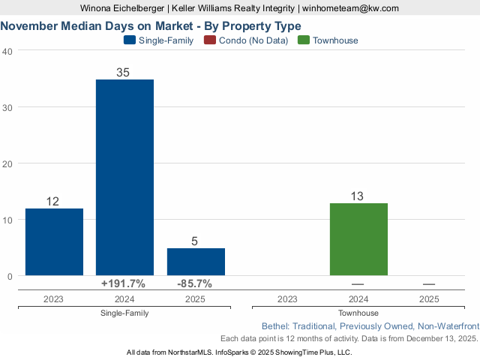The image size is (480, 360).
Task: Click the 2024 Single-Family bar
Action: [x=124, y=177]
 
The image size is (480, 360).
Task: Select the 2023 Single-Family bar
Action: [x=54, y=241]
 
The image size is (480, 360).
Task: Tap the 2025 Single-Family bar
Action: [x=196, y=262]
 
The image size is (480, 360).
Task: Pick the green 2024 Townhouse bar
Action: [x=358, y=239]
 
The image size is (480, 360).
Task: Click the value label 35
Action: [x=124, y=73]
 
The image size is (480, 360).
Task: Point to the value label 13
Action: [x=358, y=196]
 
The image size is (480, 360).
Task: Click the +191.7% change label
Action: [x=124, y=284]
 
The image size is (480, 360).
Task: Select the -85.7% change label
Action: [x=195, y=284]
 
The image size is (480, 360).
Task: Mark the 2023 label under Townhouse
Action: [x=287, y=298]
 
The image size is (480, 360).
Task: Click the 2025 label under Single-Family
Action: [x=196, y=298]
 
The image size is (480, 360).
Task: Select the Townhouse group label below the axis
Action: [x=358, y=313]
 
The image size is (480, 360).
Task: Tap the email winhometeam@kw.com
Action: [x=352, y=8]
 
